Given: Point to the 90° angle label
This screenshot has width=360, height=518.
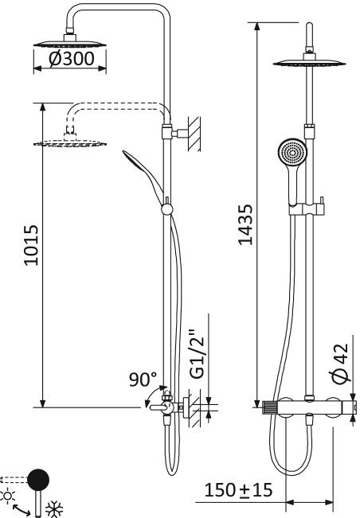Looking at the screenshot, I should point(144,380).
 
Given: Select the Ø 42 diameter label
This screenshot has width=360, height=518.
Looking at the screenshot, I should point(339,364).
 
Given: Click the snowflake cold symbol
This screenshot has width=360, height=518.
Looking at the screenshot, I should point(55,507).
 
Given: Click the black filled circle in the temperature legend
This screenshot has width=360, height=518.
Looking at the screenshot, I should point(37,480).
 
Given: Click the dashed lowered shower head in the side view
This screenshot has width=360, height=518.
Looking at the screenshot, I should point(71,142).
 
